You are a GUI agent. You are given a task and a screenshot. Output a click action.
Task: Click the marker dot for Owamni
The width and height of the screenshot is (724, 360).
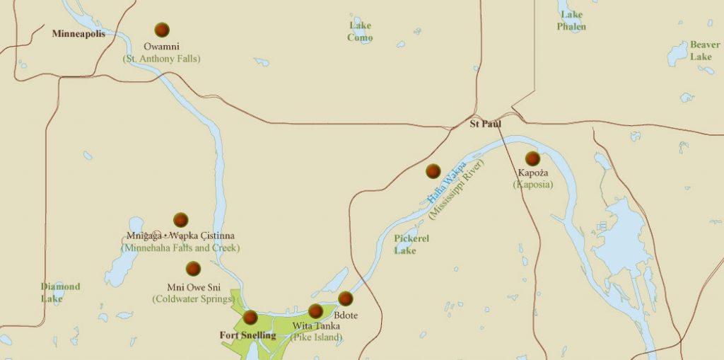click(162, 30)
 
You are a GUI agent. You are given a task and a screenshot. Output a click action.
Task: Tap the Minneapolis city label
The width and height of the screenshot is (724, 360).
click(78, 34)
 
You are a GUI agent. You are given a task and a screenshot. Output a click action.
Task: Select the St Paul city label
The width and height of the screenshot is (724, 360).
click(486, 124)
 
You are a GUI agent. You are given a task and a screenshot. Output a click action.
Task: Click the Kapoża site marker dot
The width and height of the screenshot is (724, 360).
click(532, 158)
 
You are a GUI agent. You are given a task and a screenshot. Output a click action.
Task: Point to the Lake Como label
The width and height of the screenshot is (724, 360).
click(360, 32)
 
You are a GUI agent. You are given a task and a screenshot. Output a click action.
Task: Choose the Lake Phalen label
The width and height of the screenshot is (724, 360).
click(571, 21)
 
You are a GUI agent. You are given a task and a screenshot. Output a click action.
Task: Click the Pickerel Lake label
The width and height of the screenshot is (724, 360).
click(411, 244)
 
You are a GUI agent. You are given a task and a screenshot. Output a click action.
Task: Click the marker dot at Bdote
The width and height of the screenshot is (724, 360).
click(345, 298)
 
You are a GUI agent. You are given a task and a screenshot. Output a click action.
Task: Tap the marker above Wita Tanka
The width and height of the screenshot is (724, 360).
click(315, 311)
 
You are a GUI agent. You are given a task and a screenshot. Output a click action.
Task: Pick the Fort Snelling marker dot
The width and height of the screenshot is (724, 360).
click(250, 318)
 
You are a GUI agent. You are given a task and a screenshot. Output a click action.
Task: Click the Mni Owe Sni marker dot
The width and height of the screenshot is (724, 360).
click(193, 269)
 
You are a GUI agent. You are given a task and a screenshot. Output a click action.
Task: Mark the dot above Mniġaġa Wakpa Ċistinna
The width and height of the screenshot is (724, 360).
click(181, 220)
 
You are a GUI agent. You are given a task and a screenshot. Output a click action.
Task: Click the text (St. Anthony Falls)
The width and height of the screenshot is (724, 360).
click(161, 59)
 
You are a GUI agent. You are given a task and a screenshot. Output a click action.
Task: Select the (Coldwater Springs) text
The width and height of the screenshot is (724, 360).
click(193, 299)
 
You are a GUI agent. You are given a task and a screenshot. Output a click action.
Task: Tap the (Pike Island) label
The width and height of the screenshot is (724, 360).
click(316, 337)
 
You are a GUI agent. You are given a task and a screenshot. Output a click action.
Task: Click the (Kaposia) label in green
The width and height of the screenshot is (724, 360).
click(532, 185)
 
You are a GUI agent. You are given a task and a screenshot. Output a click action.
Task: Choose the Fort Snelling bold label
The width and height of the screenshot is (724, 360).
click(247, 335)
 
